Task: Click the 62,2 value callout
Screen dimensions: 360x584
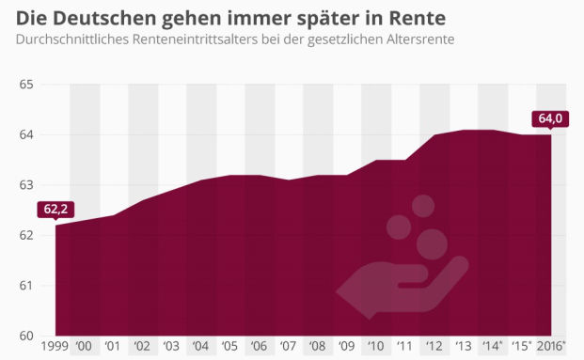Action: click(55, 209)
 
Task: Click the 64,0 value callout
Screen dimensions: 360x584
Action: click(547, 117)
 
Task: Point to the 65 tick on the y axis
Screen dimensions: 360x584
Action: click(25, 85)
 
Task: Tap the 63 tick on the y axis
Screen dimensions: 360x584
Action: click(25, 185)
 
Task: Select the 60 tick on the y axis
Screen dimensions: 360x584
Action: click(25, 336)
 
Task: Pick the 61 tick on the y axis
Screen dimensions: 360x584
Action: click(25, 286)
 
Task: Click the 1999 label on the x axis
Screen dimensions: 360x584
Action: click(55, 348)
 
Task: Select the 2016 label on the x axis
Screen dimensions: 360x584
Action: click(549, 348)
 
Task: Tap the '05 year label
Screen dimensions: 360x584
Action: click(229, 348)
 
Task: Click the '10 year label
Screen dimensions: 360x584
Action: click(374, 348)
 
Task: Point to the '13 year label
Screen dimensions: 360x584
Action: click(462, 348)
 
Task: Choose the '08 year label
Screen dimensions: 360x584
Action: click(317, 348)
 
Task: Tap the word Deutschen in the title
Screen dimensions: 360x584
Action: click(98, 18)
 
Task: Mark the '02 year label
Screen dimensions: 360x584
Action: click(142, 348)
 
